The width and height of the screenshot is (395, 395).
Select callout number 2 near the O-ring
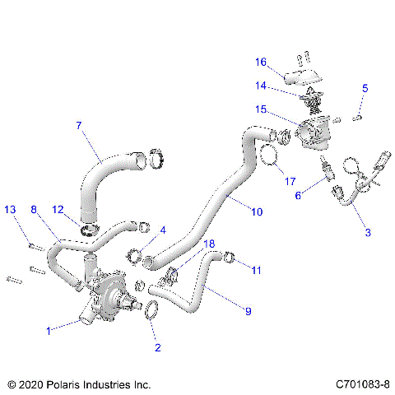156,347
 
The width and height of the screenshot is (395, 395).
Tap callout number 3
367,233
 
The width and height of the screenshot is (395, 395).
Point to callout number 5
365,88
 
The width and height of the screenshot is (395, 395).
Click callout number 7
79,126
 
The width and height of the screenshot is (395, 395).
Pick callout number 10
257,211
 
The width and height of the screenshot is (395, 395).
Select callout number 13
10,210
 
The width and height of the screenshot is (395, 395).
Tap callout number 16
260,62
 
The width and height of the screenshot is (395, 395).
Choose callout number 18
209,244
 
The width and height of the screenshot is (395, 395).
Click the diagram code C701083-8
363,384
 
